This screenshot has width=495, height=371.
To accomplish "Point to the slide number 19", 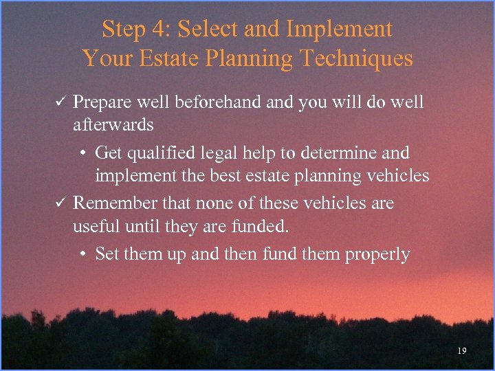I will click(x=461, y=351).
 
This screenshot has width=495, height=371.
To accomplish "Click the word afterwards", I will click(x=113, y=125).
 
